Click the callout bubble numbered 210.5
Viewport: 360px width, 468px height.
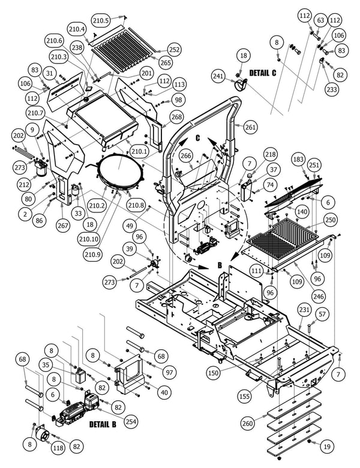pos(101,20)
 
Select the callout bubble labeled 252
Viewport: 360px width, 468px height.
pos(174,50)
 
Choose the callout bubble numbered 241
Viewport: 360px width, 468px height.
pos(219,76)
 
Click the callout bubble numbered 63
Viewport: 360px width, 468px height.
pos(320,21)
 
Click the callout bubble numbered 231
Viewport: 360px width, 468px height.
pos(304,310)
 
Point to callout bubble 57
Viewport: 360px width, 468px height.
pos(322,314)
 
